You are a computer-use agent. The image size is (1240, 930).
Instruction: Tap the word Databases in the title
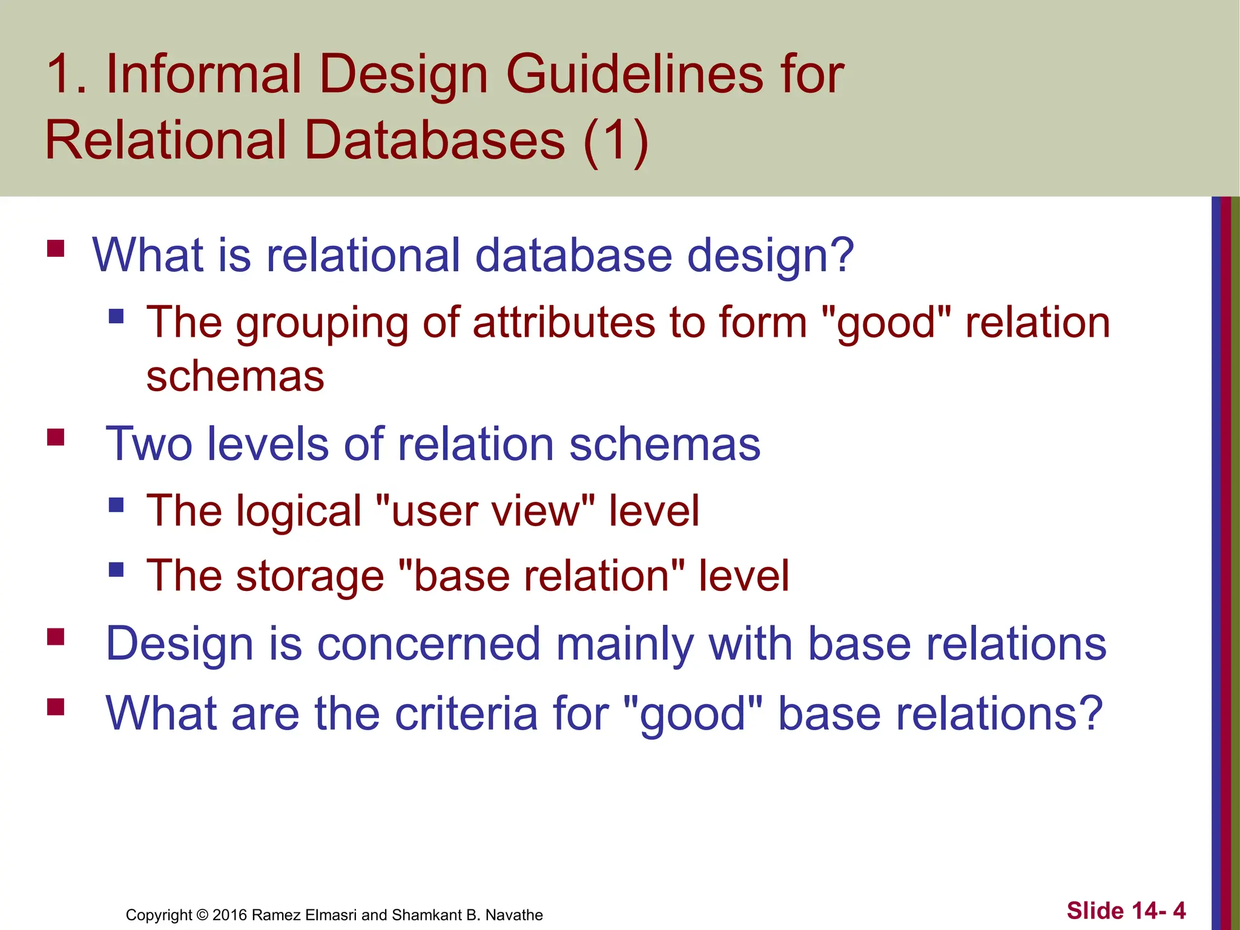(435, 140)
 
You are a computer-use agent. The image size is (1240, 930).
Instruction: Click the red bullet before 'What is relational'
(56, 249)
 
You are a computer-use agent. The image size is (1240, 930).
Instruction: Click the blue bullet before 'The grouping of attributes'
(116, 316)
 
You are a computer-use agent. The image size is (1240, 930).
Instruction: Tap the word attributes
(564, 322)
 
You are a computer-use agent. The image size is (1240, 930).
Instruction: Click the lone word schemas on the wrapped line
(235, 377)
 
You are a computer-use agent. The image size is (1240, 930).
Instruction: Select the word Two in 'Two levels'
(149, 444)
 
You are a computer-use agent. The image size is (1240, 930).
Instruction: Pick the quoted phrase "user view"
(485, 511)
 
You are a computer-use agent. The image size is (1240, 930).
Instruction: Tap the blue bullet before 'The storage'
(116, 569)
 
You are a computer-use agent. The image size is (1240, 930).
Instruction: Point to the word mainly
(624, 644)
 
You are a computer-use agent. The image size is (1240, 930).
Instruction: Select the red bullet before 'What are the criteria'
(56, 707)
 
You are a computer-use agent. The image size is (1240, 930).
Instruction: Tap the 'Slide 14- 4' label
(1126, 911)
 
